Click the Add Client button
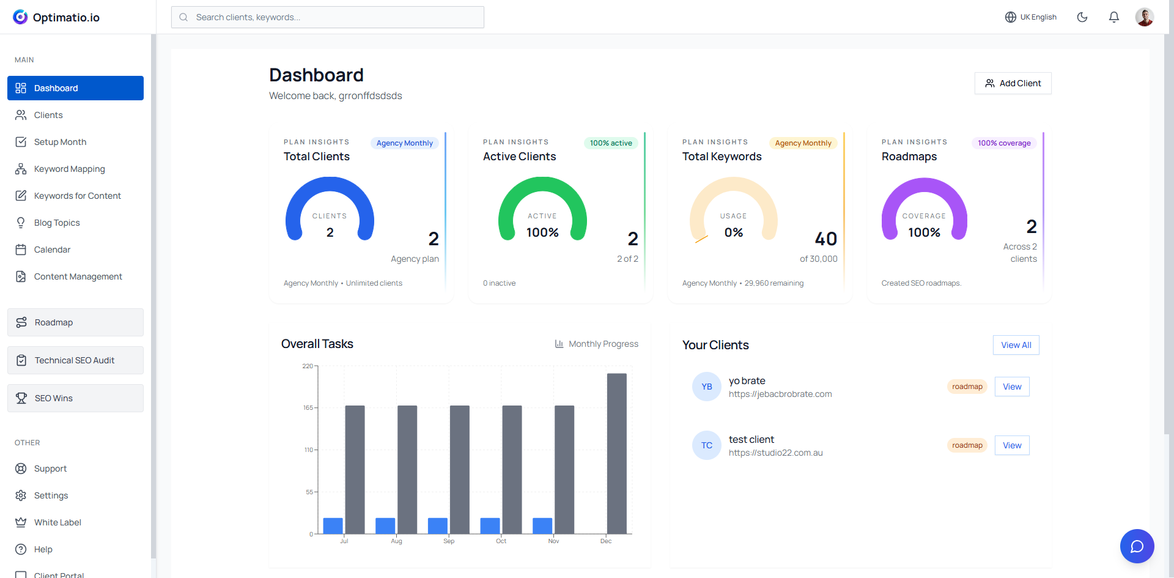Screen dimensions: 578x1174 [1013, 83]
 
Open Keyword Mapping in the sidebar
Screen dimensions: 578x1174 [69, 169]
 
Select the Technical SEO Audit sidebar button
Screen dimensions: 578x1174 [75, 360]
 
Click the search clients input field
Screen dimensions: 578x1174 [328, 17]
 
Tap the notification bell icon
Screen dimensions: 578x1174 [1114, 17]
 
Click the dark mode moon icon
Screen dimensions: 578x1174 [1082, 17]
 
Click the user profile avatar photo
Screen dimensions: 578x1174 [1145, 17]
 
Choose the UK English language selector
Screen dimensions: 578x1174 [1031, 17]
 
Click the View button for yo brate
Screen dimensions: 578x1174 [1012, 387]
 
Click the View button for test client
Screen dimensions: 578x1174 [1012, 445]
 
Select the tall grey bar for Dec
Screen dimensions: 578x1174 [616, 453]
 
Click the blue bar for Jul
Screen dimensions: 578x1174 [333, 526]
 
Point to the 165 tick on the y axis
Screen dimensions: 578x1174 [308, 407]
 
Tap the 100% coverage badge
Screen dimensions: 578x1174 [1004, 143]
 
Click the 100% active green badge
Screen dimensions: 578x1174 [611, 143]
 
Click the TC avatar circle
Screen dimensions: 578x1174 [707, 445]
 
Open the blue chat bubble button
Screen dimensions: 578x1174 [1137, 546]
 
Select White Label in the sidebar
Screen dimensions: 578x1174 [57, 522]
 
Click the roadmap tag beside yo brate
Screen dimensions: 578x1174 [967, 387]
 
